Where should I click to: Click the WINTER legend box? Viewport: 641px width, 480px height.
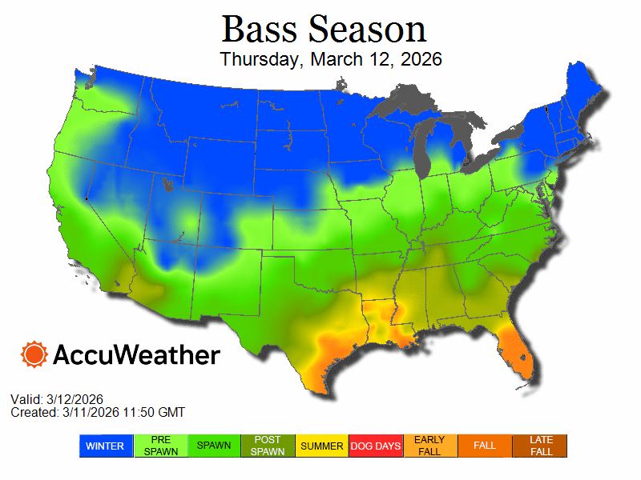[105, 446]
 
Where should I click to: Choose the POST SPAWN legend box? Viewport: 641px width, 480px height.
[268, 446]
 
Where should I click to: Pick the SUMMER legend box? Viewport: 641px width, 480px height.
[322, 446]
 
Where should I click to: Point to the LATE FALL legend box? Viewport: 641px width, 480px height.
[540, 446]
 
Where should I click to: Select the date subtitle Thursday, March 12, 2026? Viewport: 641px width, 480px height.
[331, 59]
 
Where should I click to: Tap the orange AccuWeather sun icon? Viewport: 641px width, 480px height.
[34, 354]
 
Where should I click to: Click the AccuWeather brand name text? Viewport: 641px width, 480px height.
[136, 354]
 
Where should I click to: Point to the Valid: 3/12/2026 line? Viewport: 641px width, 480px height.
[57, 399]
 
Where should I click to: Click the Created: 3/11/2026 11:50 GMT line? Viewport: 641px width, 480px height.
[98, 412]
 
